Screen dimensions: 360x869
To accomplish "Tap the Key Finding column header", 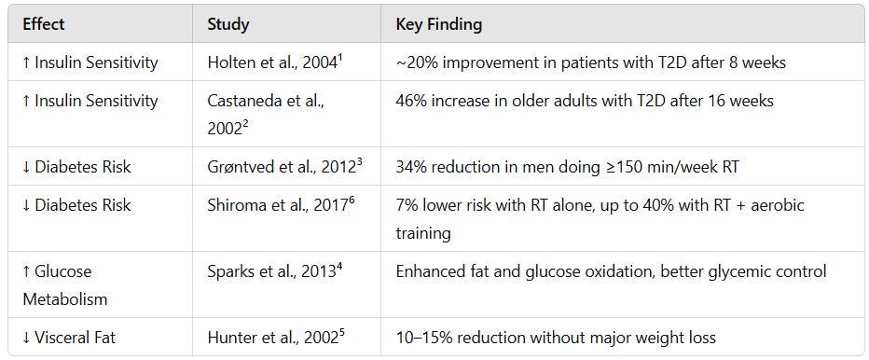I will [x=439, y=23].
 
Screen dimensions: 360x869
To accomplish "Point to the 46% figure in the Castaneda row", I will [x=411, y=101].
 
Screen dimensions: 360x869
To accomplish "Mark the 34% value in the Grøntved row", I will [x=411, y=167].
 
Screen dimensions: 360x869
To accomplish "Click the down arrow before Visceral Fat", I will [x=27, y=337].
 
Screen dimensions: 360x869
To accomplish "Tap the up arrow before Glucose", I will [x=27, y=271].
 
